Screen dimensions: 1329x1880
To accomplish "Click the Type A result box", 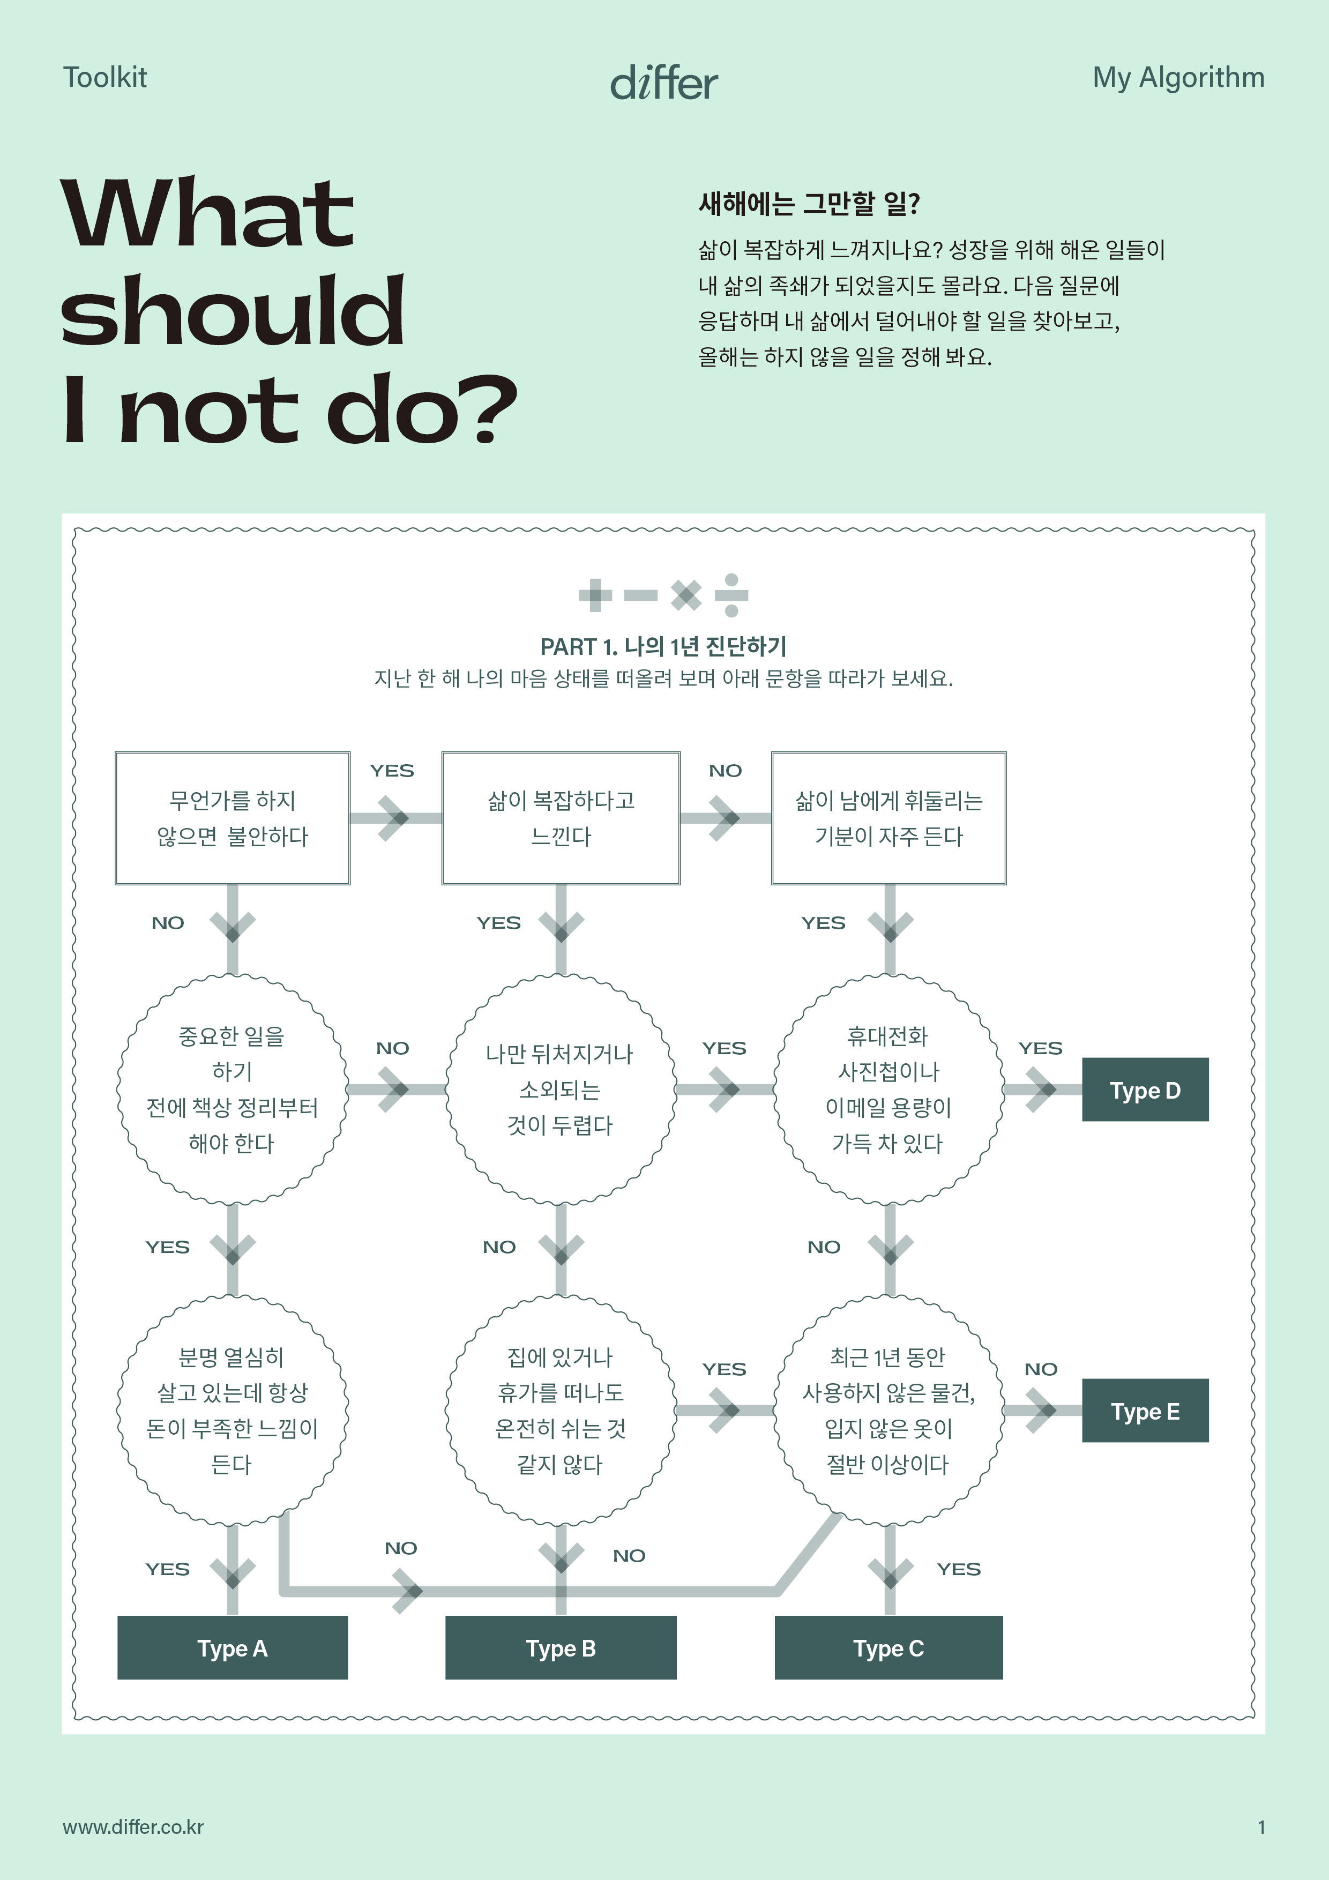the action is coord(233,1647).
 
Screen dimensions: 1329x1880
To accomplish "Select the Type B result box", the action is coord(561,1647).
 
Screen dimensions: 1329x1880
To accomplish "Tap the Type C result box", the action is coord(889,1647).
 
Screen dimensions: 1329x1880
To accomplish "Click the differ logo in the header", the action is coord(664,83).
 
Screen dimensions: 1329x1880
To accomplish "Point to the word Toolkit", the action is coord(105,78).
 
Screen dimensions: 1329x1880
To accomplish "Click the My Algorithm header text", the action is coord(1178,78).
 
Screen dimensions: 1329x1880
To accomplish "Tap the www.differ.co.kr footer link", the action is coord(133,1827).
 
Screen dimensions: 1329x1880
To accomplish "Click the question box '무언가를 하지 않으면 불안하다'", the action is coord(233,818).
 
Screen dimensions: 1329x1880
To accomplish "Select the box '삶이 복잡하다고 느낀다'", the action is coord(561,818).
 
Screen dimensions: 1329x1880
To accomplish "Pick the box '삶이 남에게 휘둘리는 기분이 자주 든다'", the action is coord(889,818).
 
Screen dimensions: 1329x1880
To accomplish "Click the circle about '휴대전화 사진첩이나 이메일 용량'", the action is coord(889,1089).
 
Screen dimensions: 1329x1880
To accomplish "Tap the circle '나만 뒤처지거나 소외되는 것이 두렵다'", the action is coord(561,1089).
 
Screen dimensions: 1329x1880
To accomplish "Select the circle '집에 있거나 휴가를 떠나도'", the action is coord(561,1410).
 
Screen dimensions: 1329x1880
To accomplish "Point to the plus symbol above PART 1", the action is coord(595,595).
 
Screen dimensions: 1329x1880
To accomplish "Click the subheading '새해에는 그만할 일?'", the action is coord(809,203).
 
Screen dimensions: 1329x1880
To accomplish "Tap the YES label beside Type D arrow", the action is coord(1040,1048).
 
